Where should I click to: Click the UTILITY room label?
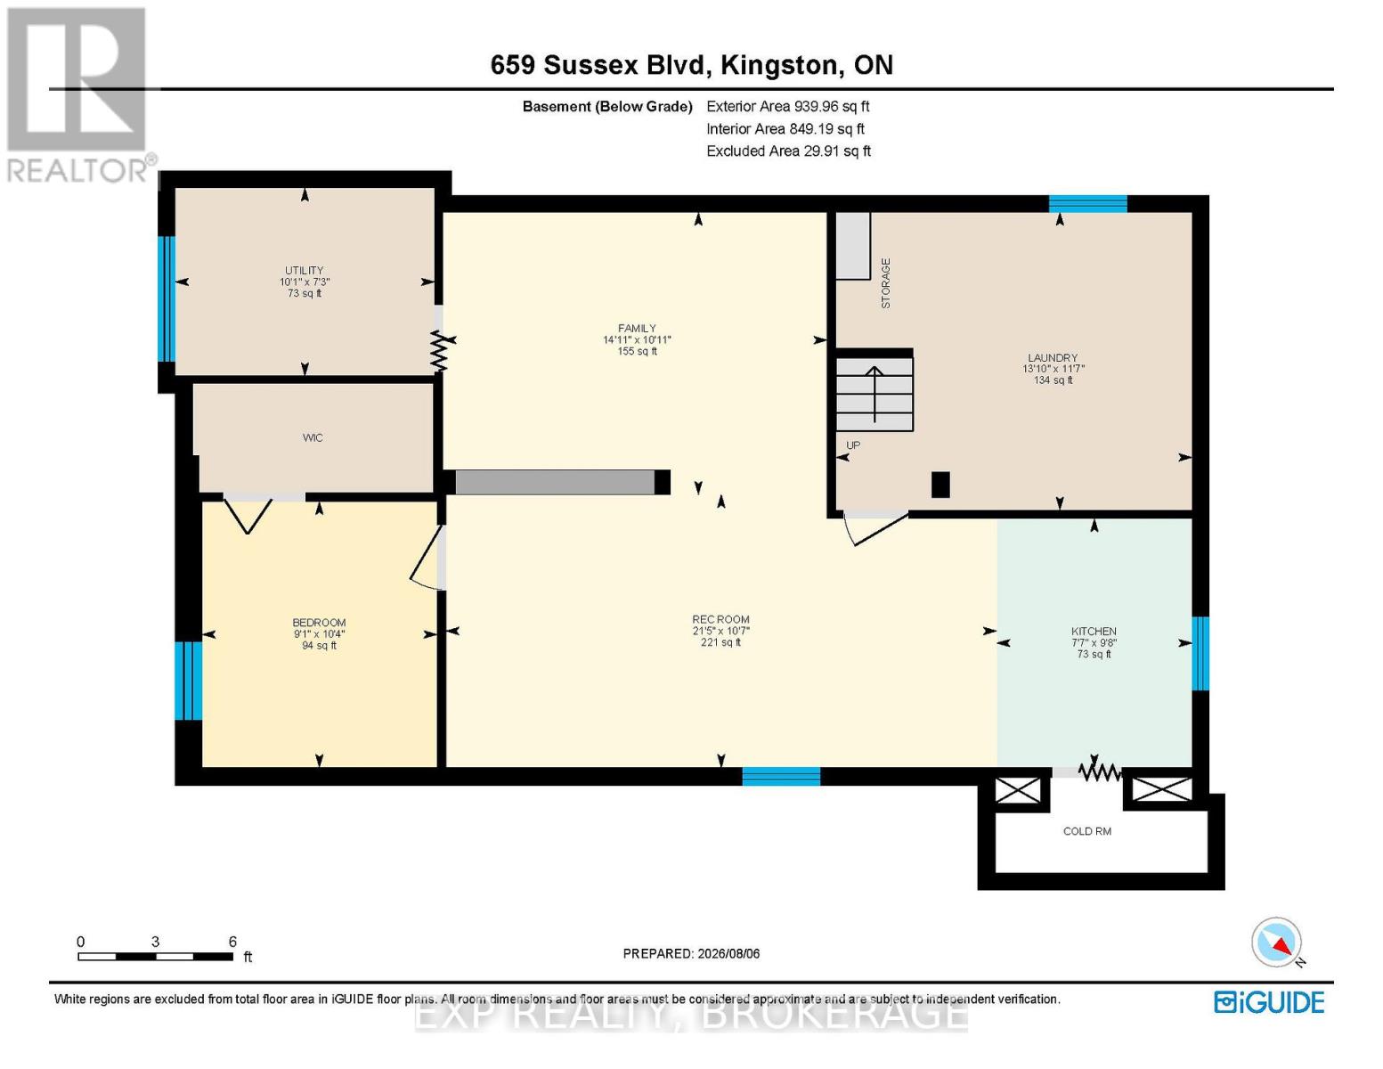tap(304, 270)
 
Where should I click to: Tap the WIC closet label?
tap(313, 437)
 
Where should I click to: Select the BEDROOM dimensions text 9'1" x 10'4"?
tap(319, 633)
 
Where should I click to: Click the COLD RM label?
tap(1087, 831)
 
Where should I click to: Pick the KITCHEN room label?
tap(1094, 631)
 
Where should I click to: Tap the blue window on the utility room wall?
tap(167, 299)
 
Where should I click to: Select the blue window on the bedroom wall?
tap(189, 681)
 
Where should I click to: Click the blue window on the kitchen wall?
tap(1200, 653)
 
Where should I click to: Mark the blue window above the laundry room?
tap(1087, 204)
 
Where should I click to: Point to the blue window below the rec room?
tap(781, 776)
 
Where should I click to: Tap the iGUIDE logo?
tap(1269, 1002)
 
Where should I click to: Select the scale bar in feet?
tap(156, 956)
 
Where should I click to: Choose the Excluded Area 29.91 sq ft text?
tap(788, 151)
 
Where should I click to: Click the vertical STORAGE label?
tap(885, 283)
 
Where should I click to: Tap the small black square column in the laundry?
tap(940, 485)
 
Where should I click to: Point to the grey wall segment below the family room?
tap(555, 482)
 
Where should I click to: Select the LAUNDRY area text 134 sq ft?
tap(1054, 380)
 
